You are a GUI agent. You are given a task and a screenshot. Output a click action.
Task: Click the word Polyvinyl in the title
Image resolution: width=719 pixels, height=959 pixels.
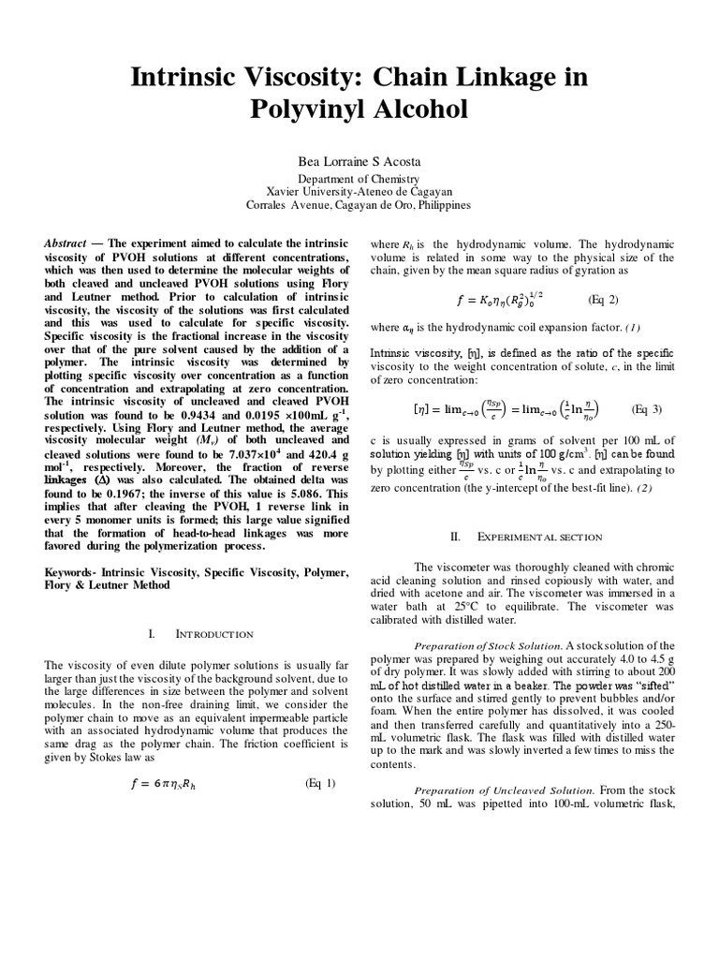pos(303,110)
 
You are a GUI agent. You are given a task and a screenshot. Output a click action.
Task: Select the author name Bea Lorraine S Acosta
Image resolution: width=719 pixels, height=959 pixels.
pos(359,160)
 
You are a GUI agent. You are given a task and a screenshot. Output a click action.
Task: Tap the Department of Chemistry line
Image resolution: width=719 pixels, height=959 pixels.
pos(359,178)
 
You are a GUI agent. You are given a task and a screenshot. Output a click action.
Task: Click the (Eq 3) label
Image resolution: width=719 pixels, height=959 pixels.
pos(646,409)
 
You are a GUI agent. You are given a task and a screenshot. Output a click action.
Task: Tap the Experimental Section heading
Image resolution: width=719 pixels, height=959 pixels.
pos(538,537)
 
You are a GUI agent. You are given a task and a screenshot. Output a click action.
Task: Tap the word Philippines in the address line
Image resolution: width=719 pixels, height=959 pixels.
pos(439,205)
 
